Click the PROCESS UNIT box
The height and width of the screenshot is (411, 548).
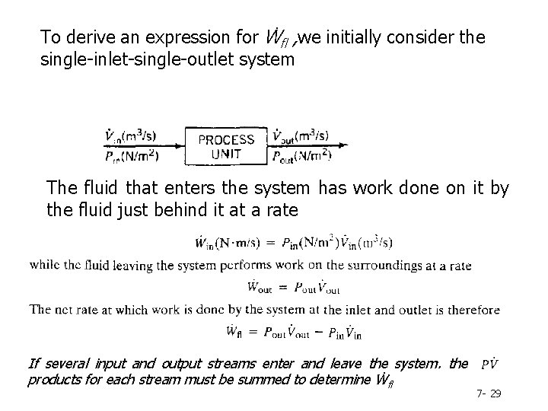click(226, 146)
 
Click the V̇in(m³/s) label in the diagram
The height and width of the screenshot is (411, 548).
click(132, 137)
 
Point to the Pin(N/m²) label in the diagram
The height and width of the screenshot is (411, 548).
click(132, 156)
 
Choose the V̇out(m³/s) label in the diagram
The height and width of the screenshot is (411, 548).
click(300, 137)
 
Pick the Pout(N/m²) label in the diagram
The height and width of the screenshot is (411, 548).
click(301, 156)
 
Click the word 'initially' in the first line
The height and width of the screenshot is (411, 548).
click(358, 37)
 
